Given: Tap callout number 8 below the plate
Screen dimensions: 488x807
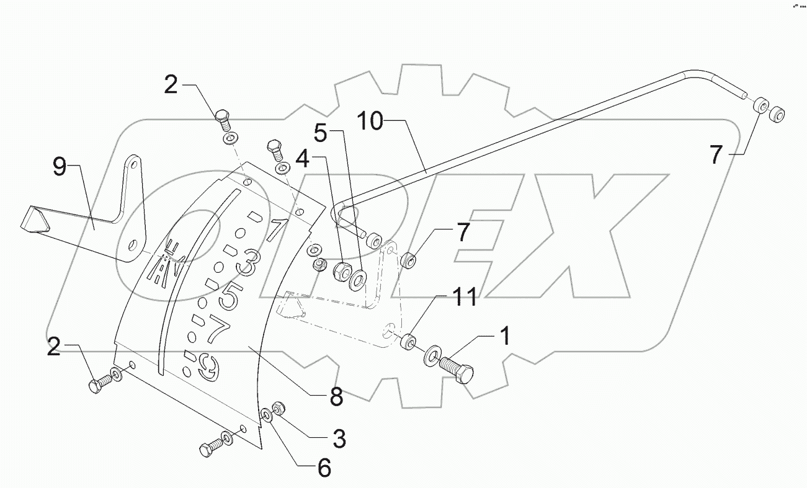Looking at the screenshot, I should point(336,397).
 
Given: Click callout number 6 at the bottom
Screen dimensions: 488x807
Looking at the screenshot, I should point(324,469).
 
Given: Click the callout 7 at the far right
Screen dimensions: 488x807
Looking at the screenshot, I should point(716,154).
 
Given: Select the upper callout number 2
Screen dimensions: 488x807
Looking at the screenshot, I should point(171,84).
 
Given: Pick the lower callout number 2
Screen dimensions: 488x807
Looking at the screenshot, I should point(55,348).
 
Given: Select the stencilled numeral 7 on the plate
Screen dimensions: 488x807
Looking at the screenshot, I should point(216,332).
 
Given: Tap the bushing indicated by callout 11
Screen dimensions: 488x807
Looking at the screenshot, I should point(408,342).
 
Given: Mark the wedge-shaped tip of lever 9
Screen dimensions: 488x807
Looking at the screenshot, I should point(33,220).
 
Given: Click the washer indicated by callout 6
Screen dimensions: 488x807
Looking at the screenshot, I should point(265,414).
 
